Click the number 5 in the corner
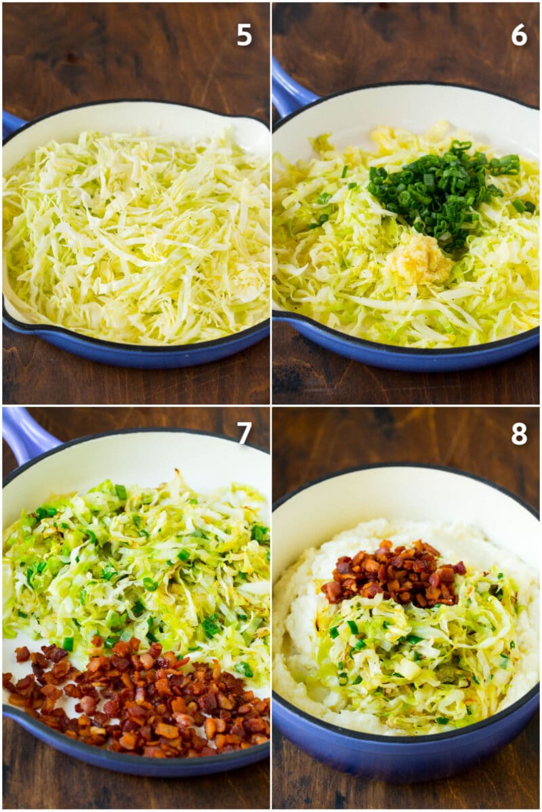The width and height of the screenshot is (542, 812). point(244,35)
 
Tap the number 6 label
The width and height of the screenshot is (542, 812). point(519,35)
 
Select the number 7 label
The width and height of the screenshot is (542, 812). point(244,432)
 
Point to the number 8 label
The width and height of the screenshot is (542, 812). point(519,434)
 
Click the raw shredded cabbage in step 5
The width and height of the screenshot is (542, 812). point(135,237)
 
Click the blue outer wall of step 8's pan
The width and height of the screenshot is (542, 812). point(406,758)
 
